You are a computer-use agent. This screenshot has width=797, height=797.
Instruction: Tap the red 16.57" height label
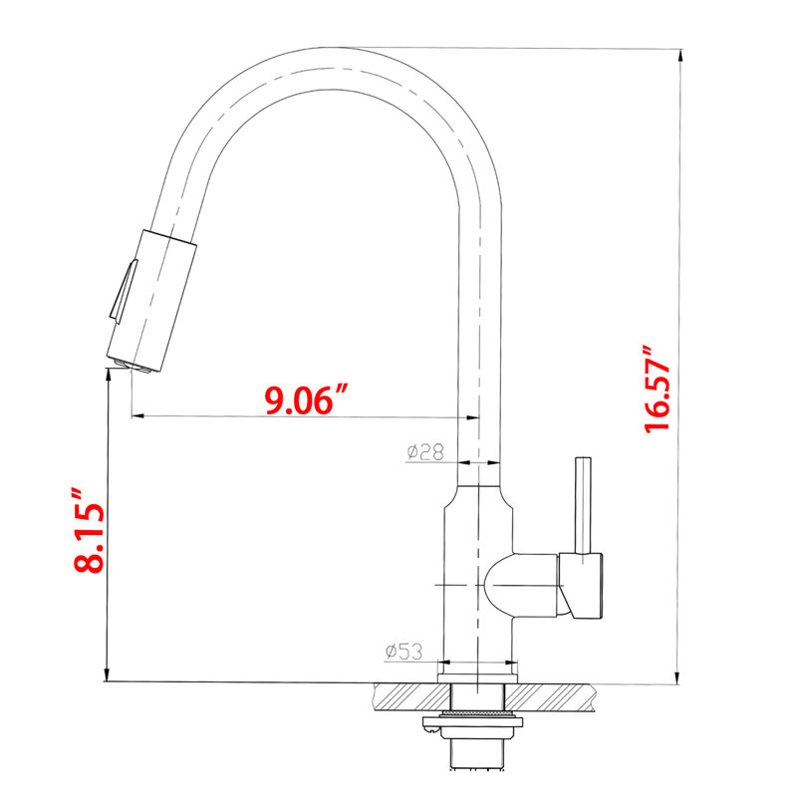pyautogui.click(x=657, y=390)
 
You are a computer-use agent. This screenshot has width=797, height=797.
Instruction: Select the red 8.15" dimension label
pyautogui.click(x=90, y=531)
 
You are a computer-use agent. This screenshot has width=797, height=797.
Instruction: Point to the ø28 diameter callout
pyautogui.click(x=425, y=451)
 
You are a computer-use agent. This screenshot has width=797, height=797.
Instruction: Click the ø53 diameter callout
pyautogui.click(x=403, y=652)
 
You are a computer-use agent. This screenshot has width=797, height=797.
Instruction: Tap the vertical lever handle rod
pyautogui.click(x=583, y=506)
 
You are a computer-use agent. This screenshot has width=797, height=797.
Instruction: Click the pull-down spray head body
pyautogui.click(x=151, y=301)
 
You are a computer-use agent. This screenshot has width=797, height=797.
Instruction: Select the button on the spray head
pyautogui.click(x=123, y=291)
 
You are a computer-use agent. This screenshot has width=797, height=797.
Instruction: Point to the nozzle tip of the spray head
pyautogui.click(x=133, y=367)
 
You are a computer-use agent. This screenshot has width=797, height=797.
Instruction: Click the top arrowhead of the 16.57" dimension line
pyautogui.click(x=679, y=56)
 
